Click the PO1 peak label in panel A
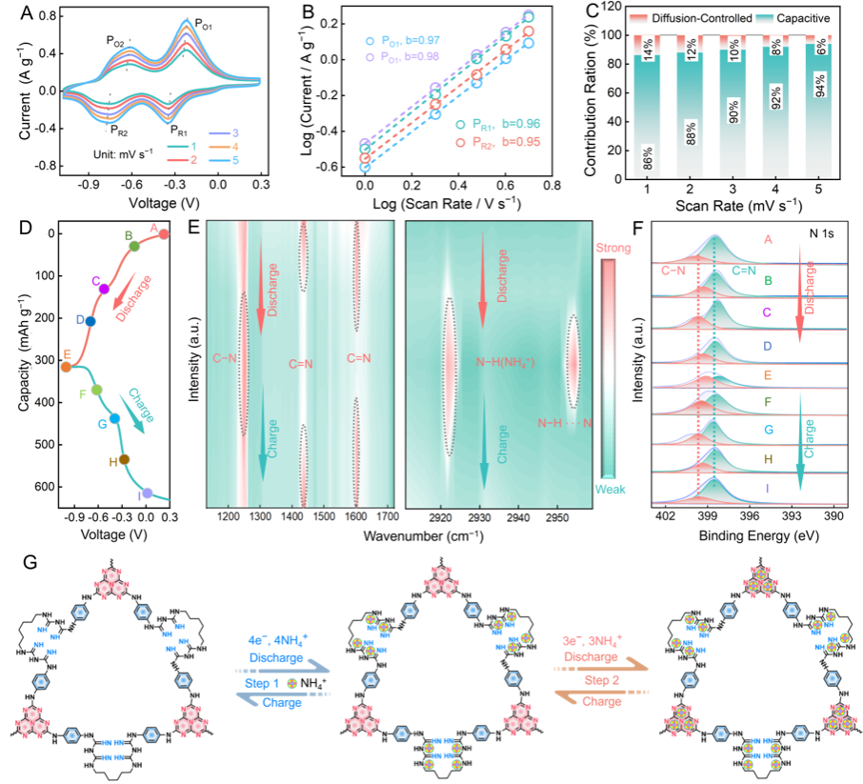click(x=205, y=23)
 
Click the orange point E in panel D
click(x=66, y=366)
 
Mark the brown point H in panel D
click(x=124, y=459)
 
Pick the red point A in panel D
click(x=164, y=233)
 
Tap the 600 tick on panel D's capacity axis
click(x=46, y=486)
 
